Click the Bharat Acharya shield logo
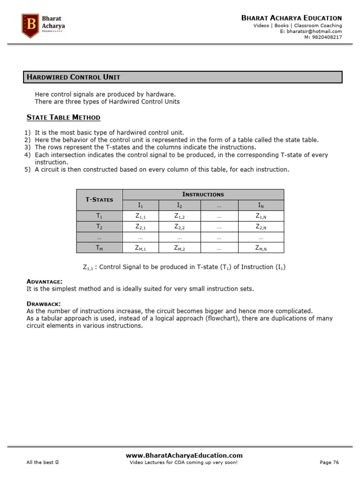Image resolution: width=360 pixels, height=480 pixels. click(x=31, y=26)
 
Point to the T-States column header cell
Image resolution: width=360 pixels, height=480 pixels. click(x=99, y=200)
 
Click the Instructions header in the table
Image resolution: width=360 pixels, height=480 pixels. click(x=203, y=194)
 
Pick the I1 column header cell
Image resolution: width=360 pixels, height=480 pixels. click(x=140, y=205)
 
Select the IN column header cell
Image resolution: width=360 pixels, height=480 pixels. click(x=261, y=205)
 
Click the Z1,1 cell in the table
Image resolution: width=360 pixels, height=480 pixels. click(x=140, y=216)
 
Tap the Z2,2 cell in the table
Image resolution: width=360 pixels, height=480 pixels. click(x=180, y=227)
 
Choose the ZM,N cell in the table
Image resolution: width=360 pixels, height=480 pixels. click(x=261, y=248)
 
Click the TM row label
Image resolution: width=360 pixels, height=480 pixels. click(x=99, y=248)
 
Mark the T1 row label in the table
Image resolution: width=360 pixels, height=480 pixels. click(x=99, y=216)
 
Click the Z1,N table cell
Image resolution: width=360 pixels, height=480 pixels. click(x=261, y=216)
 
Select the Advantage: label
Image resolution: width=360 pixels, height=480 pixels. click(x=44, y=281)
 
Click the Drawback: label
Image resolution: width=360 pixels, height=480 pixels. click(x=44, y=304)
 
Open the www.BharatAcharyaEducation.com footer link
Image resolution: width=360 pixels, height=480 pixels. click(x=184, y=455)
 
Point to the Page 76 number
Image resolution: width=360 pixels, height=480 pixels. click(x=329, y=463)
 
